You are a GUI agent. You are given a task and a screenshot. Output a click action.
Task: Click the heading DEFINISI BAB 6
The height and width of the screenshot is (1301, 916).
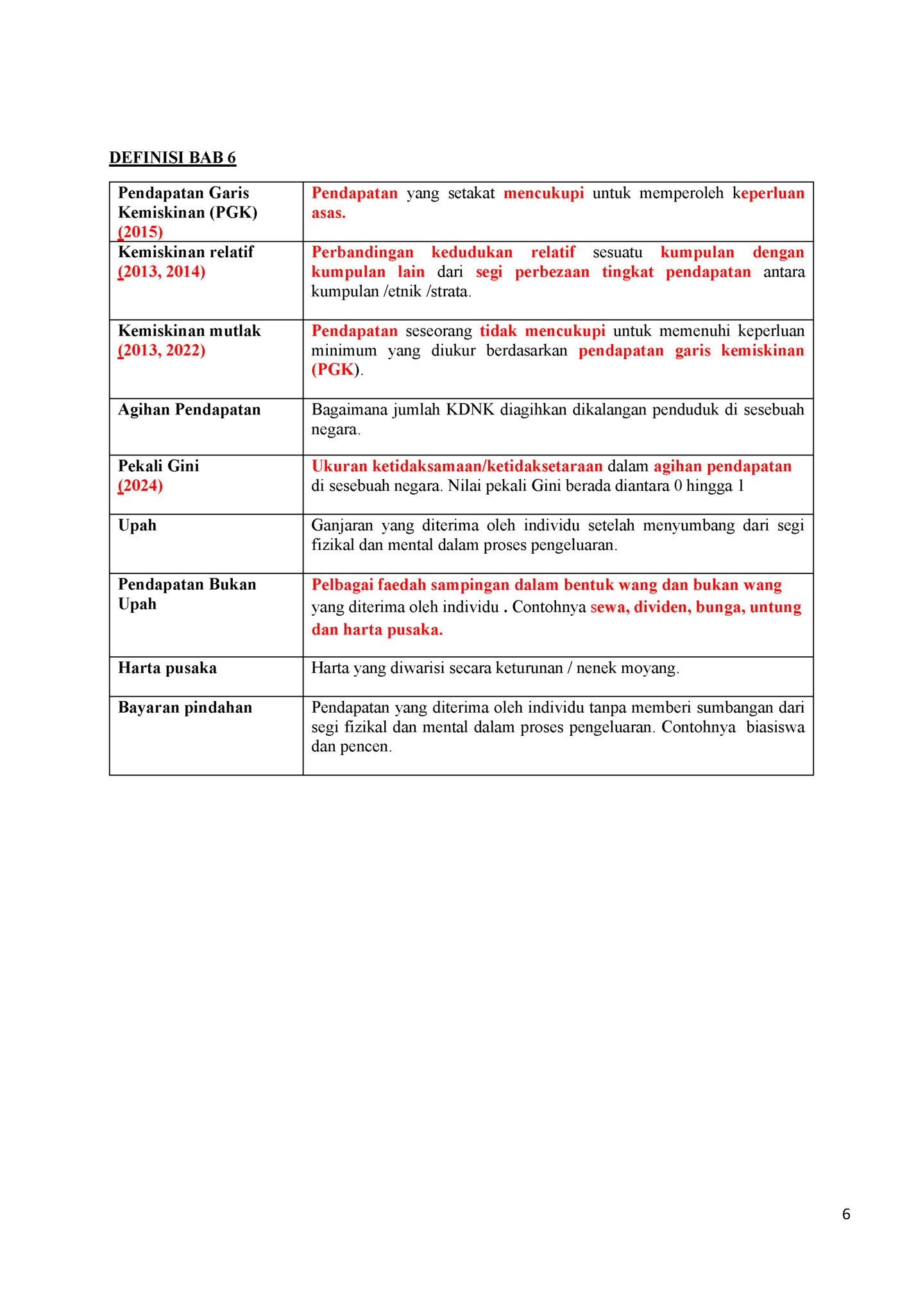(173, 158)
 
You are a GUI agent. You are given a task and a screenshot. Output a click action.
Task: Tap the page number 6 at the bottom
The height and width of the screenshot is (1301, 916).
(845, 1214)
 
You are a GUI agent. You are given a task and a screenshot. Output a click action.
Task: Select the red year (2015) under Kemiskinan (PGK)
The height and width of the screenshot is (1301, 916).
(140, 232)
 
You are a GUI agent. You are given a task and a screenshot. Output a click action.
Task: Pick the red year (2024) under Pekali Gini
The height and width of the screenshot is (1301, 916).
(140, 486)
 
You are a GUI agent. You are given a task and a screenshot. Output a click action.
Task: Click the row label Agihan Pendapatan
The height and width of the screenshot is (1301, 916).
(189, 410)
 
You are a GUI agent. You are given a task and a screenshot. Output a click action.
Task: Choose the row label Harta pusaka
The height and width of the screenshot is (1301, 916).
(167, 668)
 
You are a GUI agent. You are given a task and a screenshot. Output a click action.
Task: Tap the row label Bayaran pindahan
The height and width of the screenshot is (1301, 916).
(185, 708)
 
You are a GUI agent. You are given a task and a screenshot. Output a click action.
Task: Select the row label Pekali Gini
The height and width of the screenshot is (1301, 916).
(158, 466)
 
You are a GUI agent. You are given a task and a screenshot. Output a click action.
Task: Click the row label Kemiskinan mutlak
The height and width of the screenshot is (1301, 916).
(189, 331)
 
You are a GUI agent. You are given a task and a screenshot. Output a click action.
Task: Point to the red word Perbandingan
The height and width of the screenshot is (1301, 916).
(362, 252)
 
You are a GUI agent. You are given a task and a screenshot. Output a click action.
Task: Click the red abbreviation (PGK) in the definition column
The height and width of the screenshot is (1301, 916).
(334, 370)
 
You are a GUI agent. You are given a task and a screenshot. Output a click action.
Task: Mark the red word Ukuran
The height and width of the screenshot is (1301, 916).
(339, 466)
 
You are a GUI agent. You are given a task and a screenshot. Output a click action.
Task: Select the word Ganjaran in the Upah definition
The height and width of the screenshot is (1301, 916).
(342, 525)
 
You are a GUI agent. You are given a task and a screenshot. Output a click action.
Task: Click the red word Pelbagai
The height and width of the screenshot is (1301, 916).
(342, 585)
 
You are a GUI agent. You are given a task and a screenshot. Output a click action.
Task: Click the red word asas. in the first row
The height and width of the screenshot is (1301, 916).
(328, 213)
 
